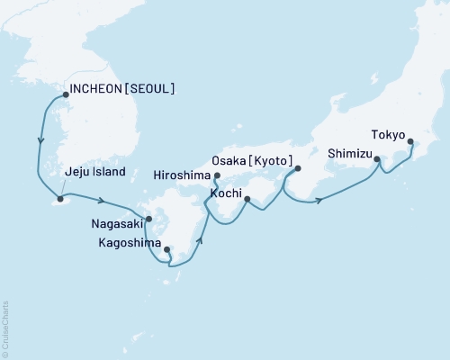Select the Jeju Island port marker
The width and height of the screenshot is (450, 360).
(x=60, y=198)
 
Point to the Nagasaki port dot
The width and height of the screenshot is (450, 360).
(x=149, y=218)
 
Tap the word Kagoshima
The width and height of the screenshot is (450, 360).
(x=130, y=243)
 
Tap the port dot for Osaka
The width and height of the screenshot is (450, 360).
(x=298, y=168)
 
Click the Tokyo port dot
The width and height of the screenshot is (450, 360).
(x=411, y=141)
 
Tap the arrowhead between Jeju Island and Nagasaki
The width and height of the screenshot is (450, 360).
(x=103, y=201)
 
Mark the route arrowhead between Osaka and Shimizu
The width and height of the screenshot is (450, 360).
(x=319, y=200)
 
